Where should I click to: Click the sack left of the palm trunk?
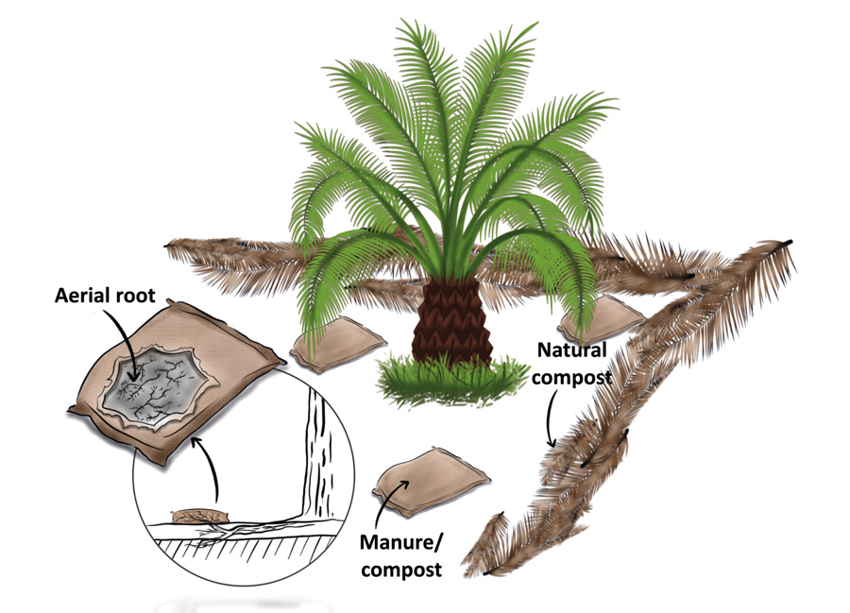(x=336, y=349)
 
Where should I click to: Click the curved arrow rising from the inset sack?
(x=209, y=472)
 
